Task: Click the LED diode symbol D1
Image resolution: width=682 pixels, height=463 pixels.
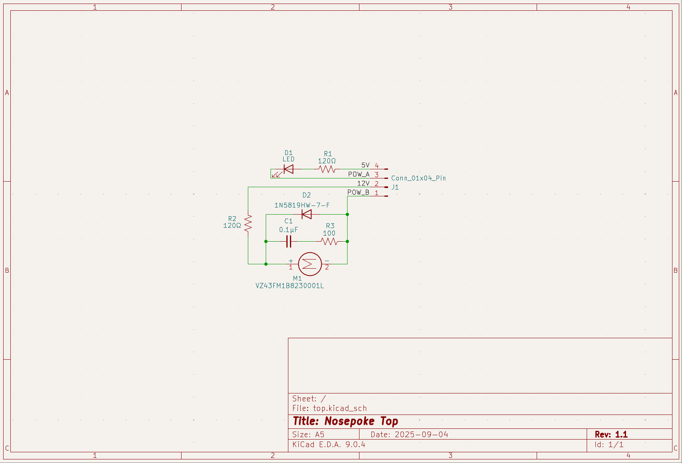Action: tap(288, 169)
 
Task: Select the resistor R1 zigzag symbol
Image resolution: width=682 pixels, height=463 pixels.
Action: tap(327, 169)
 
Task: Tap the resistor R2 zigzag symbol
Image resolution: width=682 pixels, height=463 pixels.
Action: tap(248, 223)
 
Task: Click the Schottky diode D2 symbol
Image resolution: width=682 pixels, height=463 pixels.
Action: tap(307, 215)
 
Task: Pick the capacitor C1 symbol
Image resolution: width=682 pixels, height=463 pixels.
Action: tap(289, 241)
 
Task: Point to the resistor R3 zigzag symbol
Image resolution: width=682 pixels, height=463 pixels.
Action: tap(329, 241)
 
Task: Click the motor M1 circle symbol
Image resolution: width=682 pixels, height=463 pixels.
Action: tap(310, 264)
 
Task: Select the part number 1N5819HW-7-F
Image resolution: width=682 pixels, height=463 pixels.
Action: tap(302, 205)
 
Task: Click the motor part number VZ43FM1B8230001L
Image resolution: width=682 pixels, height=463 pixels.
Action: tap(290, 286)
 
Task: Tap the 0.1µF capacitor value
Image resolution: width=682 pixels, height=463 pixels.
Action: tap(288, 230)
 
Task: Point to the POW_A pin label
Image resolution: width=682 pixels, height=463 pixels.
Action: tap(359, 174)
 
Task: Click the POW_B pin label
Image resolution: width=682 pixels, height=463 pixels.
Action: tap(358, 192)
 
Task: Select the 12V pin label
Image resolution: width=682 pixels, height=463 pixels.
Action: tap(363, 183)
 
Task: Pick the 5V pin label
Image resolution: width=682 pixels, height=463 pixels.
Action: tap(365, 165)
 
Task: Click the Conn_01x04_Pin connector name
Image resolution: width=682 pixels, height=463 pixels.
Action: tap(418, 178)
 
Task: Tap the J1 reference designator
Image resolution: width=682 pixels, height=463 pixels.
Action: tap(395, 187)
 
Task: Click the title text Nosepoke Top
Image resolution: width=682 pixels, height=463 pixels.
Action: tap(361, 421)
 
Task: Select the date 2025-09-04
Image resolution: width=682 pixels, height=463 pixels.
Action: tap(421, 434)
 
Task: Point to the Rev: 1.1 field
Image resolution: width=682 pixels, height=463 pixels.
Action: tap(611, 434)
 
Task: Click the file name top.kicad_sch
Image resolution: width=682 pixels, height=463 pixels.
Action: tap(340, 408)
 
